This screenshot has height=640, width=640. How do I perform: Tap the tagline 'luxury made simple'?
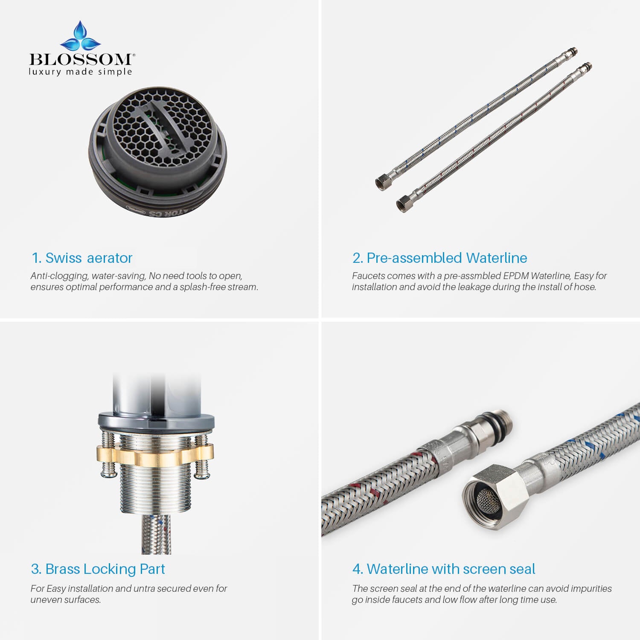80,72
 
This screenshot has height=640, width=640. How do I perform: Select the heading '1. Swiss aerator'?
82,258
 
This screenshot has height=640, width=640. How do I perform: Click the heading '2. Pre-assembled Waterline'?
439,258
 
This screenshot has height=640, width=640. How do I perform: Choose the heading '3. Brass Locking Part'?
98,569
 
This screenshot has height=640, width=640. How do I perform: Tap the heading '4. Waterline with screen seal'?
444,569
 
